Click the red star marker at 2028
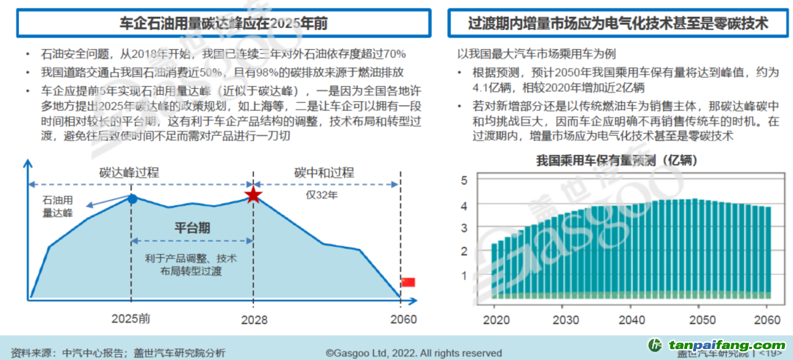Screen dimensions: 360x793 [x=253, y=195]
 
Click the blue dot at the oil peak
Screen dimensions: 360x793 [x=132, y=198]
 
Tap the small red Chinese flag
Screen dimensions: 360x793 [x=408, y=282]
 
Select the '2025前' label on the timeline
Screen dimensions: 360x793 [x=133, y=320]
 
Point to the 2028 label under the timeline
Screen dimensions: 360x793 [x=253, y=320]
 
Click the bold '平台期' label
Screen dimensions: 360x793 [x=192, y=228]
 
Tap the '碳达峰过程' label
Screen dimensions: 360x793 [x=129, y=173]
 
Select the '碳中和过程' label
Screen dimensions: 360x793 [x=324, y=173]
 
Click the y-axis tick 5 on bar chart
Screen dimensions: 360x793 [x=463, y=181]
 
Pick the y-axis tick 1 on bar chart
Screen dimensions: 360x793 [x=463, y=276]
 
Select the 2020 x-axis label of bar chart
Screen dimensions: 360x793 [x=497, y=320]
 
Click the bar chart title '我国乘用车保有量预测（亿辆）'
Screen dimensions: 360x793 [x=617, y=159]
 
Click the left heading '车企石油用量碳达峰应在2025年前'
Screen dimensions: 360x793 [x=223, y=24]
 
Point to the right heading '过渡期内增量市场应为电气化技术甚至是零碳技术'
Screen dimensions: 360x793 [x=618, y=24]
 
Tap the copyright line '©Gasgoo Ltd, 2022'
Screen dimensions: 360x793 [x=413, y=353]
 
